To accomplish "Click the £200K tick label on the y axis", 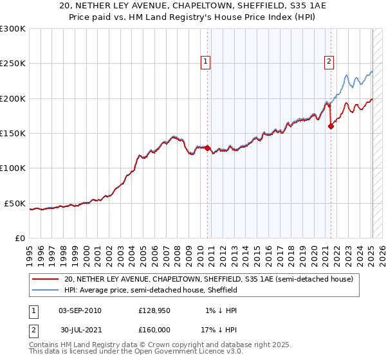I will (x=13, y=98).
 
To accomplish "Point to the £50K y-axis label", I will (x=15, y=203).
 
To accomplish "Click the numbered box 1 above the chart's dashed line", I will (x=206, y=62).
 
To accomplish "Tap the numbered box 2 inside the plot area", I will (x=329, y=62).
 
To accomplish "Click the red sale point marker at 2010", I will (x=208, y=148).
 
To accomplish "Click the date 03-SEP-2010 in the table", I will (x=80, y=310).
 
